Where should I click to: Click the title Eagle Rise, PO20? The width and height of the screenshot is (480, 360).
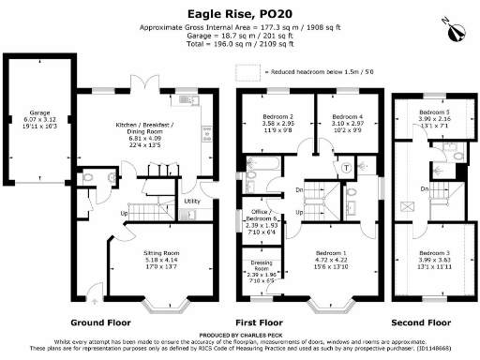point(240,15)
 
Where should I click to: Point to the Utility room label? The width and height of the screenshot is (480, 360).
point(192,202)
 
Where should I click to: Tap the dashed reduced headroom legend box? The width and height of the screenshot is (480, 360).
point(249,70)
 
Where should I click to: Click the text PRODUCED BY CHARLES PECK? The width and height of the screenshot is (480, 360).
point(240,334)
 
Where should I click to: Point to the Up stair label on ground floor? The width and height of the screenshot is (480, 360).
point(123,212)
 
